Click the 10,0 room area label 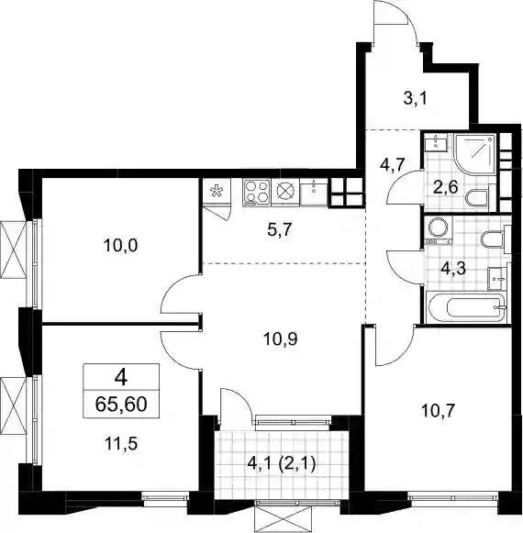(120, 245)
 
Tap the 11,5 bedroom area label (121, 444)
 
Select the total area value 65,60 (121, 405)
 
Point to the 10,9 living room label (281, 339)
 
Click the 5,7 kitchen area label (280, 229)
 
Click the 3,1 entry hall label (415, 99)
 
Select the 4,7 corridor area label (392, 165)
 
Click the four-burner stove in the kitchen (256, 193)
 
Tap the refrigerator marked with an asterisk (217, 192)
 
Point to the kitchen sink (314, 193)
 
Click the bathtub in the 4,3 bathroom (468, 306)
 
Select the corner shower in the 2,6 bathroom (475, 153)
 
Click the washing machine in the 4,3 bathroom (438, 229)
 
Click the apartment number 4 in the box (121, 377)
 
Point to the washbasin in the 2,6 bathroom (436, 142)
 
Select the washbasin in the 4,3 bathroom (498, 278)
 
